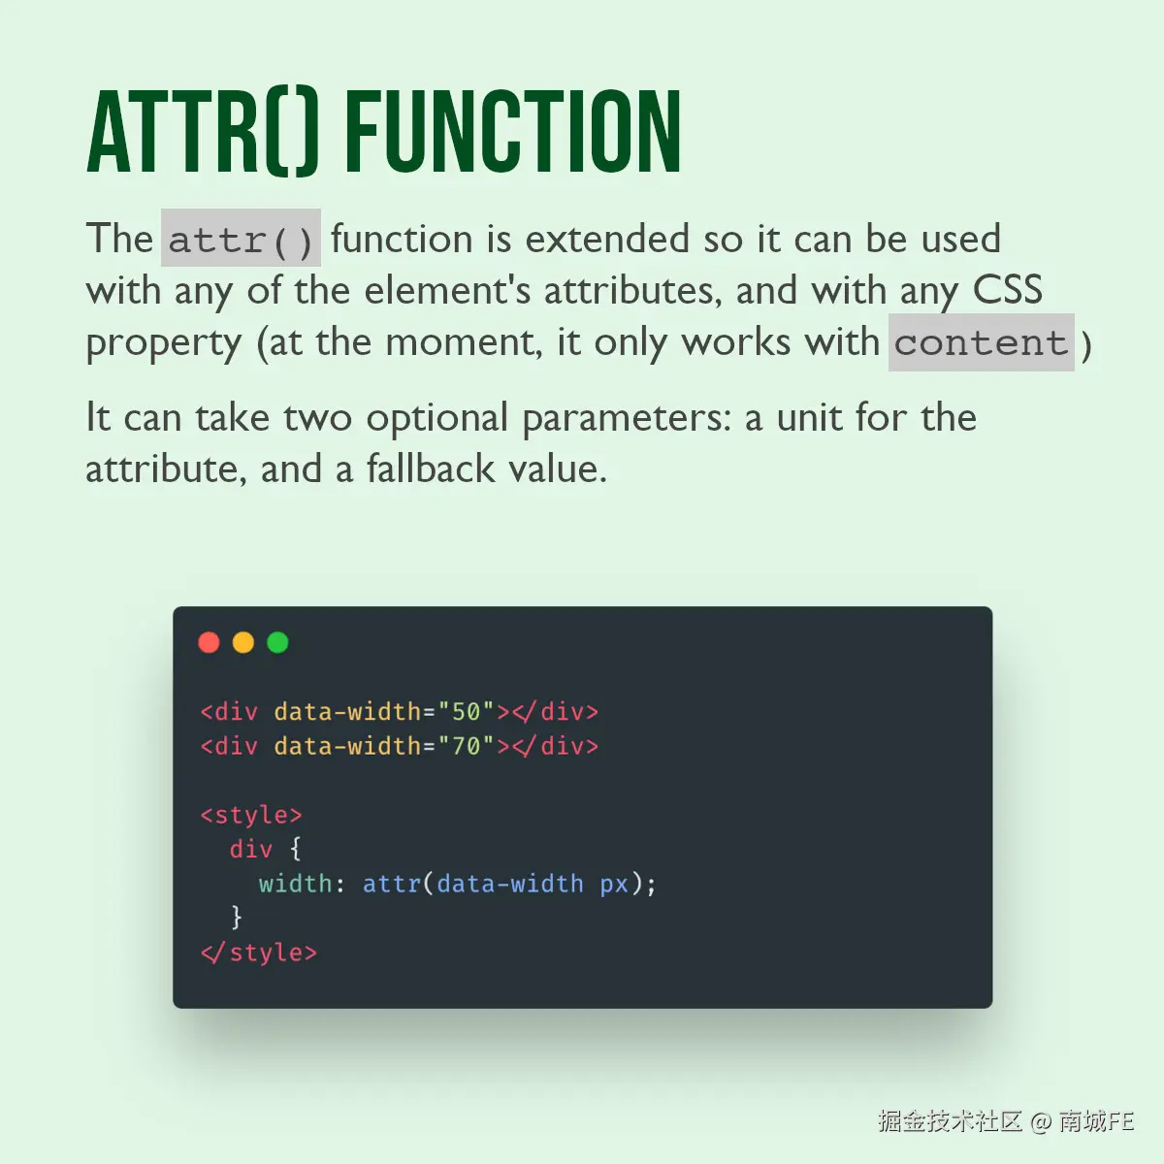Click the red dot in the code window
(x=209, y=642)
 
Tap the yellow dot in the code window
(x=242, y=642)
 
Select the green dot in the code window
(x=277, y=642)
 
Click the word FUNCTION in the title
(x=513, y=132)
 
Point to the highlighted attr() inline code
(x=241, y=238)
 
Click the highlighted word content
(x=981, y=342)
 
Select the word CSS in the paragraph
(x=1007, y=289)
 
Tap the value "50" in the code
(x=466, y=712)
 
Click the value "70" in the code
(x=466, y=746)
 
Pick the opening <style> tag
(x=251, y=816)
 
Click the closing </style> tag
(x=259, y=954)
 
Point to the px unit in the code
(x=614, y=885)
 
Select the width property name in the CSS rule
(x=296, y=884)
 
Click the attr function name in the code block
(x=392, y=884)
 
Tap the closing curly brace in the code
(x=236, y=918)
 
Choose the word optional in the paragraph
(x=437, y=419)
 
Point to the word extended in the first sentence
(x=607, y=239)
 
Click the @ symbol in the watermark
(x=1041, y=1121)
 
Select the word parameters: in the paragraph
(x=627, y=419)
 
